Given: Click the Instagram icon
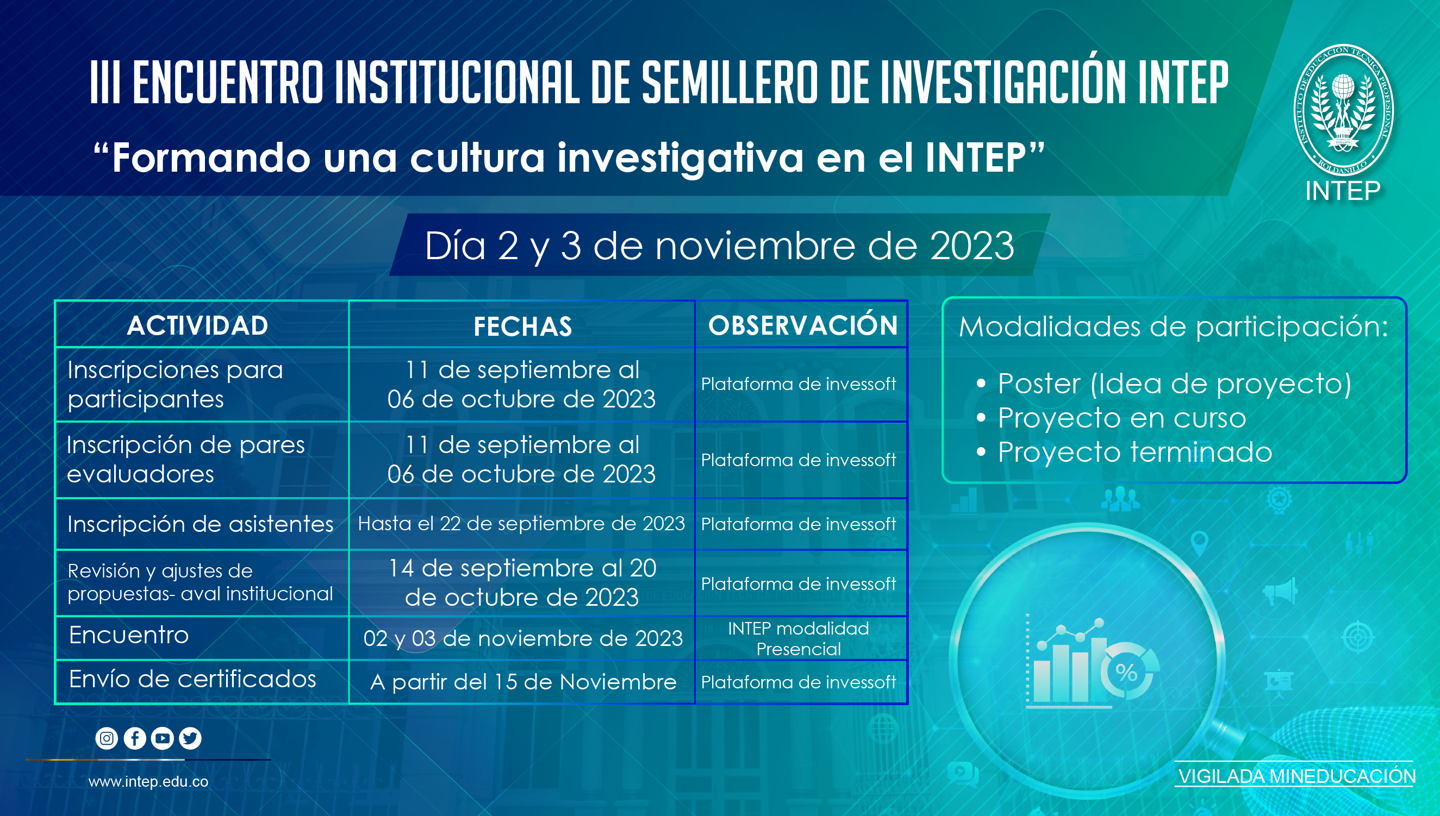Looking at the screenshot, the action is point(107,738).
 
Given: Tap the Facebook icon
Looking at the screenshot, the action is point(135,738).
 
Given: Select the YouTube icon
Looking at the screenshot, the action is point(163,738).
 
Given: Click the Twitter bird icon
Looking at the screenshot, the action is point(190,738).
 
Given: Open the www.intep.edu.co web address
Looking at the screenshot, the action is point(148,782).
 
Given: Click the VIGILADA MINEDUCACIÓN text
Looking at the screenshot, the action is point(1296,776).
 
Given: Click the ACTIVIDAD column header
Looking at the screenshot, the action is point(197,325).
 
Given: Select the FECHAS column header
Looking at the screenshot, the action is point(522,326).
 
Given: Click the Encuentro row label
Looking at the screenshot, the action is point(129,635).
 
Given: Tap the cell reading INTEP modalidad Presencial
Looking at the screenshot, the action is point(799,638).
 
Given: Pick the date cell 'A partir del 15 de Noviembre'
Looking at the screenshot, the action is point(523,682).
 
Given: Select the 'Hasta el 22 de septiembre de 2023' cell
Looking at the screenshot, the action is point(521,524).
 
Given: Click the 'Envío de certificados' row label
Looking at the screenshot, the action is point(192,679).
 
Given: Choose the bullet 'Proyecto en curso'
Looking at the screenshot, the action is point(1121,418).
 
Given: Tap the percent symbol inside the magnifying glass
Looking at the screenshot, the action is point(1126,671).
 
